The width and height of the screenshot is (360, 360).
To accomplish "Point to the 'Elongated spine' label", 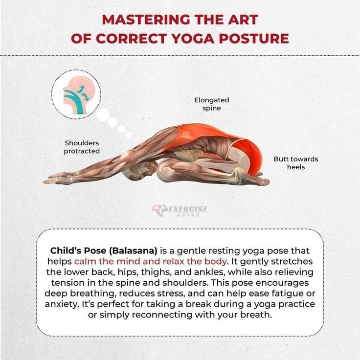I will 211,104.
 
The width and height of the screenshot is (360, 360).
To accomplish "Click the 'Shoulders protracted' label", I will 82,147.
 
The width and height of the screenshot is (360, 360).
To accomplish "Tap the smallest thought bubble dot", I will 128,135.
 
